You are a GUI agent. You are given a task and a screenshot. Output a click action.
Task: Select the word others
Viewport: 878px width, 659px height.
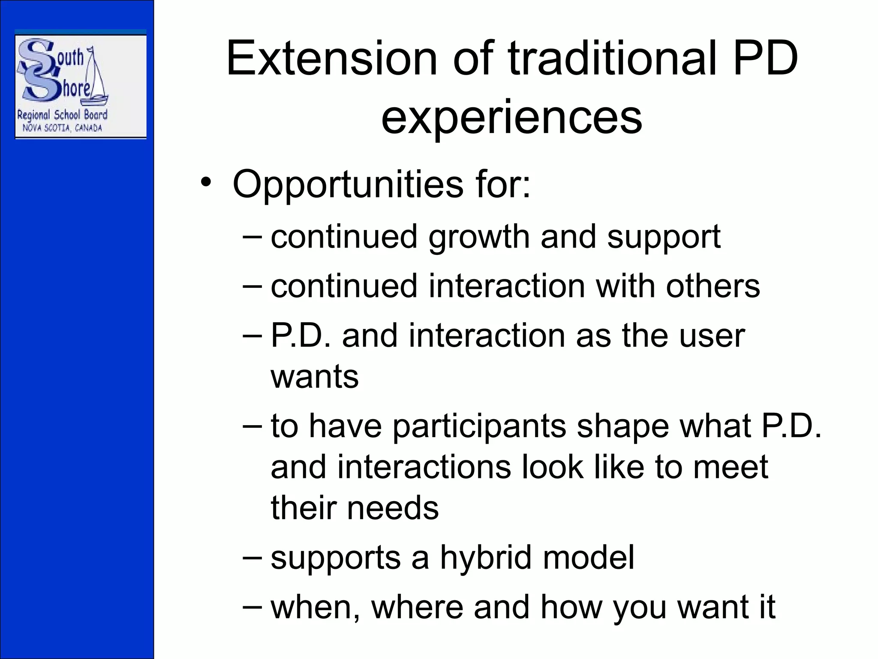pos(713,286)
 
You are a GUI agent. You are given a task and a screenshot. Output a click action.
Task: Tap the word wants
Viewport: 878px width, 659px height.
pos(314,377)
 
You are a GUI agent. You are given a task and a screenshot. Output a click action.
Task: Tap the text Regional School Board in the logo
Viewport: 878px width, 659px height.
pos(62,115)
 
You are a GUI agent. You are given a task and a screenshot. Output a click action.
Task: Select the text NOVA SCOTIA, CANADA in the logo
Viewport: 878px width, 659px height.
pos(62,128)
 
